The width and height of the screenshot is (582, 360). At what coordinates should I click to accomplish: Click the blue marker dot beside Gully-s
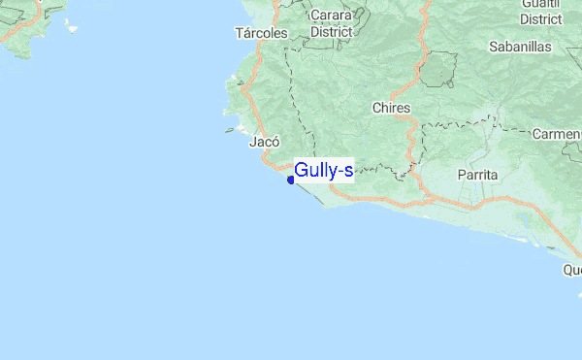pos(291,180)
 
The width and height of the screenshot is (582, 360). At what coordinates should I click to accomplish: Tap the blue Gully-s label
pos(324,171)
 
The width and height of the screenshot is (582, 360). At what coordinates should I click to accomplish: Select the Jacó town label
pos(265,142)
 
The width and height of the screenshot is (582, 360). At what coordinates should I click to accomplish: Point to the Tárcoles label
pos(261,33)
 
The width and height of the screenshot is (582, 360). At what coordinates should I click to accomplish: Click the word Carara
pos(331,16)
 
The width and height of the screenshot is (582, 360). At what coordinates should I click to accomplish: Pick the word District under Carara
pos(331,31)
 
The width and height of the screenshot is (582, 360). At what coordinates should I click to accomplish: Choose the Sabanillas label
pos(520,46)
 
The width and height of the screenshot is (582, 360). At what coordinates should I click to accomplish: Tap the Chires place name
pos(391,108)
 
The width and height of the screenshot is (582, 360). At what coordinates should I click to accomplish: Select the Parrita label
pos(477,175)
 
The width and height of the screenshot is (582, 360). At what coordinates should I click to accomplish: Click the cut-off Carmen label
pos(558,133)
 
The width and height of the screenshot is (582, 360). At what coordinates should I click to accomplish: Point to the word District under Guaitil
pos(541,18)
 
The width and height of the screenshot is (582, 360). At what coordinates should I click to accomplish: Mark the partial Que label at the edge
pos(572,270)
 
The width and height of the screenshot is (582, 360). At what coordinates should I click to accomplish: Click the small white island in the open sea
pos(72,28)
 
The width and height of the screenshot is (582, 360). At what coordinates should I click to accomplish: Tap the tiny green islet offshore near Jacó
pos(229,129)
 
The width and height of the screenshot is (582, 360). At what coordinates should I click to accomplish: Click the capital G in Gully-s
pos(302,171)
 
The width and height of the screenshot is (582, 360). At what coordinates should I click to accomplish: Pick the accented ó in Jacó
pos(275,142)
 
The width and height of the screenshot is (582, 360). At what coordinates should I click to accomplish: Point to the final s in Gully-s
pos(348,172)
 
